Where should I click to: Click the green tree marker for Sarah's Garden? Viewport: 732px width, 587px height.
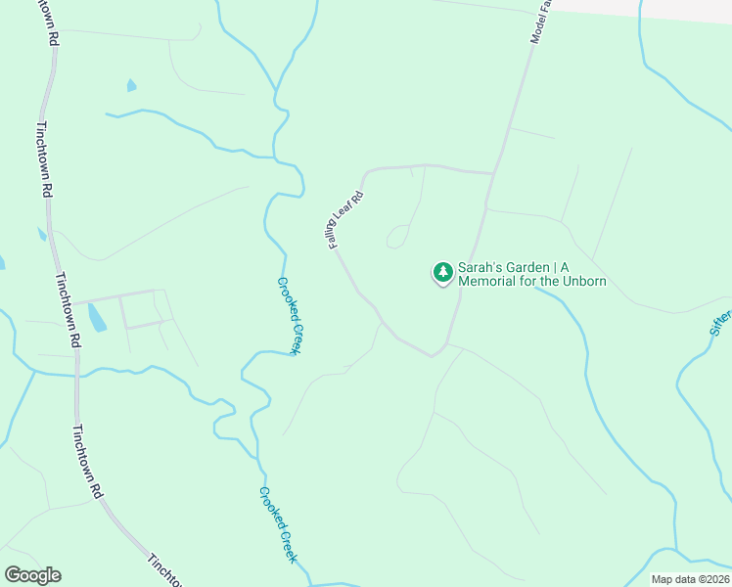(443, 272)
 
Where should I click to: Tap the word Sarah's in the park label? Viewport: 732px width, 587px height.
(479, 267)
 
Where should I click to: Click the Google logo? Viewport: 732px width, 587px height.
(32, 575)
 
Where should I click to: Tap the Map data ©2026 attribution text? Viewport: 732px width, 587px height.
(690, 579)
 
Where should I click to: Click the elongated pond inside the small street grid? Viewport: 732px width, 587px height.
(98, 317)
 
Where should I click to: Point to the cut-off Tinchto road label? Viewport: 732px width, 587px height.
(162, 570)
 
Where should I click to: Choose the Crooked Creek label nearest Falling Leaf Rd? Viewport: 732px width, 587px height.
(289, 315)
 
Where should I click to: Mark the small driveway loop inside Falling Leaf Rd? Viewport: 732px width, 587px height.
(397, 236)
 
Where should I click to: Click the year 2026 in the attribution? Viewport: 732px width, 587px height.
(713, 579)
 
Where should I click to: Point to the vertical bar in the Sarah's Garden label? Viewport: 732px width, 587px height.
(551, 267)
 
